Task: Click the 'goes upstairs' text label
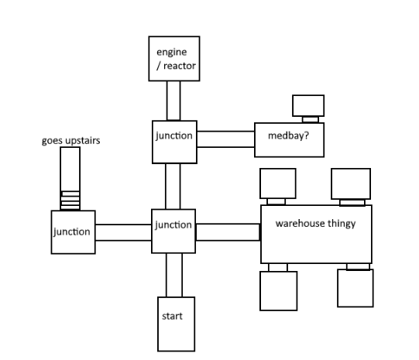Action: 70,142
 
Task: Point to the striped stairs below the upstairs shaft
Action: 70,201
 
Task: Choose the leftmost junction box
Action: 73,231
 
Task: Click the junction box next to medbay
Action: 173,142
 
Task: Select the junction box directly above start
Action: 173,230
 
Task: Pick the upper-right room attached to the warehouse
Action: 350,183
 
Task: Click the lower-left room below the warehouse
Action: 276,290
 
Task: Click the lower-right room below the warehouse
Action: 355,289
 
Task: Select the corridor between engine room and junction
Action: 173,101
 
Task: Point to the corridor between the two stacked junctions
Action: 173,187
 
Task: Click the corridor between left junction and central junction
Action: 123,231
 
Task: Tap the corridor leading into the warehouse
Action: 228,231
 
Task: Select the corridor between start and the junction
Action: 173,274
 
